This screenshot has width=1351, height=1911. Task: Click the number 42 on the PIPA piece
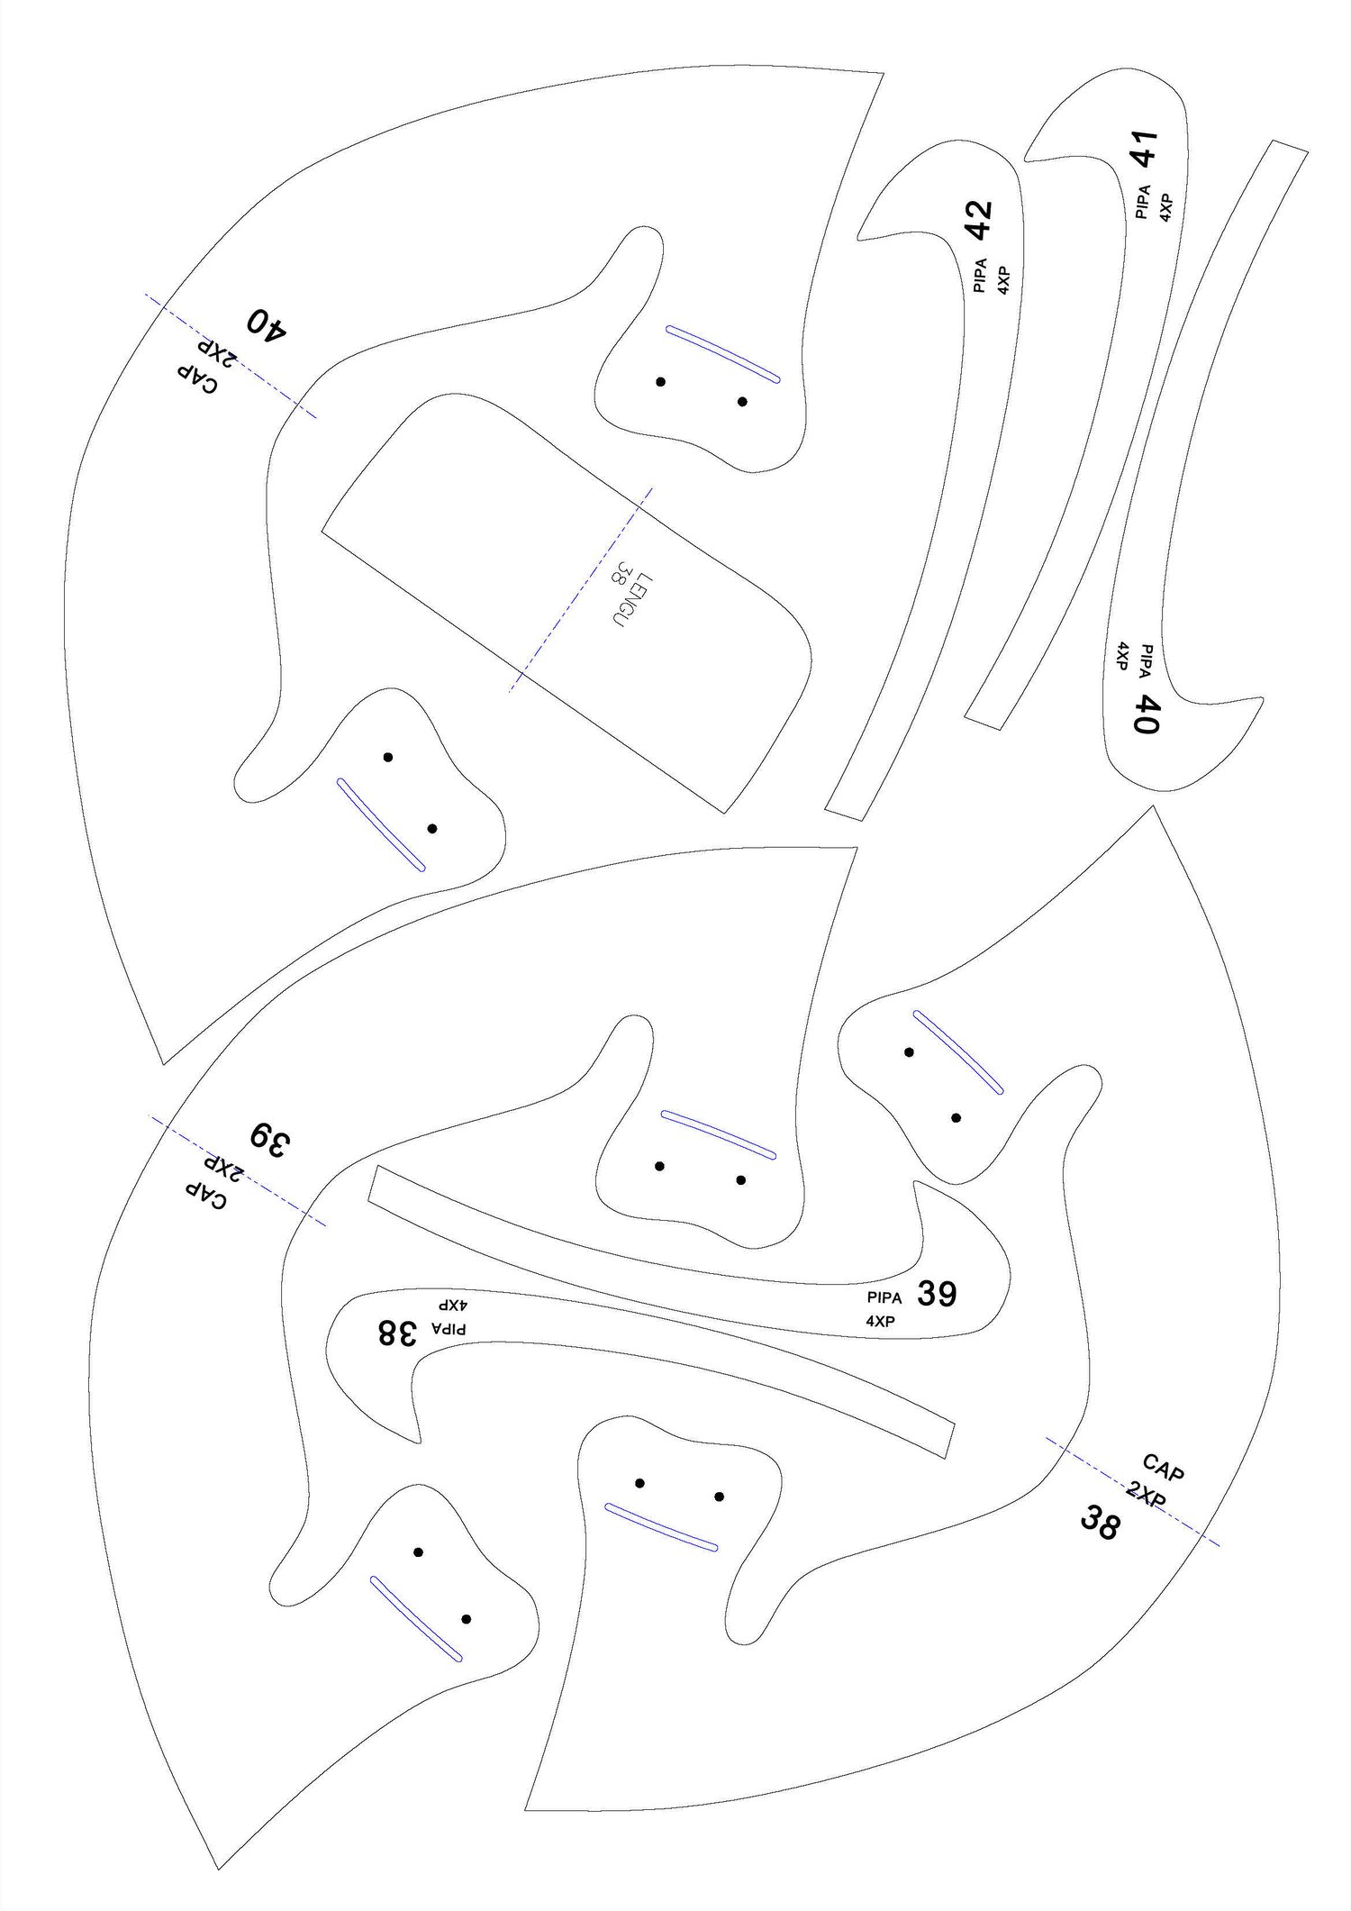point(979,220)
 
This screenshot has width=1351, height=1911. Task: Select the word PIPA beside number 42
point(980,276)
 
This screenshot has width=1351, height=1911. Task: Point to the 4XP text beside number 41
point(1166,206)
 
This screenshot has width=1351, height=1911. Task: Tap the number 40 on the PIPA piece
point(1146,714)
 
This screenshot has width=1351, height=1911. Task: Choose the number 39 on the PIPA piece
point(937,1294)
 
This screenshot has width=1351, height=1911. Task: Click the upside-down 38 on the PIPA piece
point(397,1332)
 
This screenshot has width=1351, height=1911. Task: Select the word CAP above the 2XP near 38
point(1162,1469)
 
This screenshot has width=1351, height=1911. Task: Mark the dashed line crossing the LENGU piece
point(581,589)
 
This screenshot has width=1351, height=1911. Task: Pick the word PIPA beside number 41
point(1143,202)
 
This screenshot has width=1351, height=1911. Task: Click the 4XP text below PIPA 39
point(880,1321)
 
